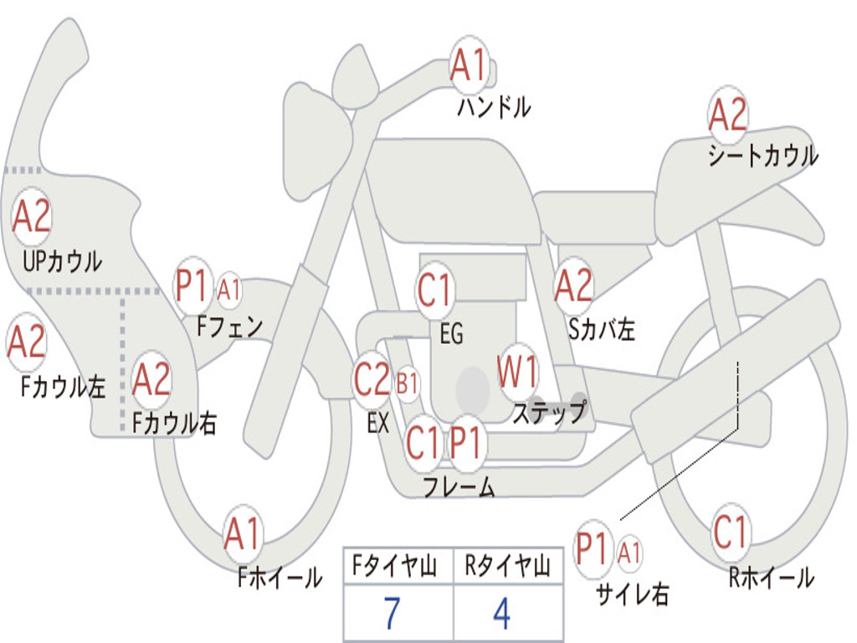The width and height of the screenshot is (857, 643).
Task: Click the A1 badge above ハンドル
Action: tap(469, 64)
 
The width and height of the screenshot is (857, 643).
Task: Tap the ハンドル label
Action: tap(494, 107)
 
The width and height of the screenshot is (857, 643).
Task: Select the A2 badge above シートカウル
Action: tap(727, 114)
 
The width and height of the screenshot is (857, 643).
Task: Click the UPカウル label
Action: tap(62, 261)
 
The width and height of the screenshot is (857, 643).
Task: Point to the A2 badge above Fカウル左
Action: tap(26, 342)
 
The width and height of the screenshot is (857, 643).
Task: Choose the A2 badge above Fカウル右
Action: tap(151, 379)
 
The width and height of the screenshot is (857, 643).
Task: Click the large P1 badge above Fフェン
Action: tap(192, 285)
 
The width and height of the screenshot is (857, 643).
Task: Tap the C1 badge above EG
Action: tap(434, 289)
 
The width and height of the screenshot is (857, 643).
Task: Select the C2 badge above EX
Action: tap(372, 379)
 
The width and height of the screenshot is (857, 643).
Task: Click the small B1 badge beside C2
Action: tap(408, 383)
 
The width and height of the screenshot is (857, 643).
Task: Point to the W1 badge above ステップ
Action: tap(517, 372)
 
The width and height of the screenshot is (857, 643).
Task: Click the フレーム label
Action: tap(459, 486)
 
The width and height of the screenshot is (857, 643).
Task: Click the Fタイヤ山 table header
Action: tap(395, 566)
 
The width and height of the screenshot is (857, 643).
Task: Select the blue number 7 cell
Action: tap(393, 612)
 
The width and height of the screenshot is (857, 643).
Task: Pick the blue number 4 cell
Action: tap(502, 612)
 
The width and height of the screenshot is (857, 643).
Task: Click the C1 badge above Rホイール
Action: tap(730, 532)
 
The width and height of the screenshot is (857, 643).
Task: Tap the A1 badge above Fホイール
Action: tap(242, 533)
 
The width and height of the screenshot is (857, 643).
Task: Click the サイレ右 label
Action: tap(633, 594)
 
